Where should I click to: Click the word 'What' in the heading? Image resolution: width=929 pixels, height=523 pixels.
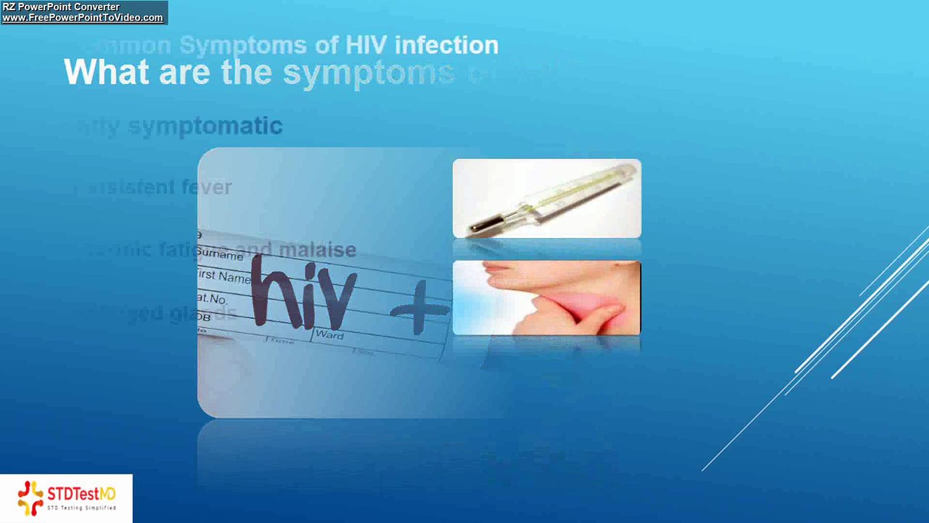tap(107, 73)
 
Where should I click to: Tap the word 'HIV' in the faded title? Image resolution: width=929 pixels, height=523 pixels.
tap(367, 46)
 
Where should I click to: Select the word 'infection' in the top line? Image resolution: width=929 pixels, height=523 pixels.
tap(446, 46)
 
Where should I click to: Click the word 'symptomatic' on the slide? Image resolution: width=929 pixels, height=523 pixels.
tap(205, 126)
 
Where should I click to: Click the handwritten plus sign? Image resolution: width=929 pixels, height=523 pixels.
tap(420, 312)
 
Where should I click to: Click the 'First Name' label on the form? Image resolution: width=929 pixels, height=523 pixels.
tap(224, 277)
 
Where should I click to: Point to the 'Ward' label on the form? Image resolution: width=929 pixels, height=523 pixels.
tap(329, 336)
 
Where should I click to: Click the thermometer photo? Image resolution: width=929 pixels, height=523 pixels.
tap(547, 198)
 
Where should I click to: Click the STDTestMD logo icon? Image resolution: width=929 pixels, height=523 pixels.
tap(30, 498)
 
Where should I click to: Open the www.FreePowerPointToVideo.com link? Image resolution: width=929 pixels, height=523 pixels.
tap(83, 18)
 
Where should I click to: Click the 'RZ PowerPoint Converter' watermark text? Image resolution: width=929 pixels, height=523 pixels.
tap(61, 7)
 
